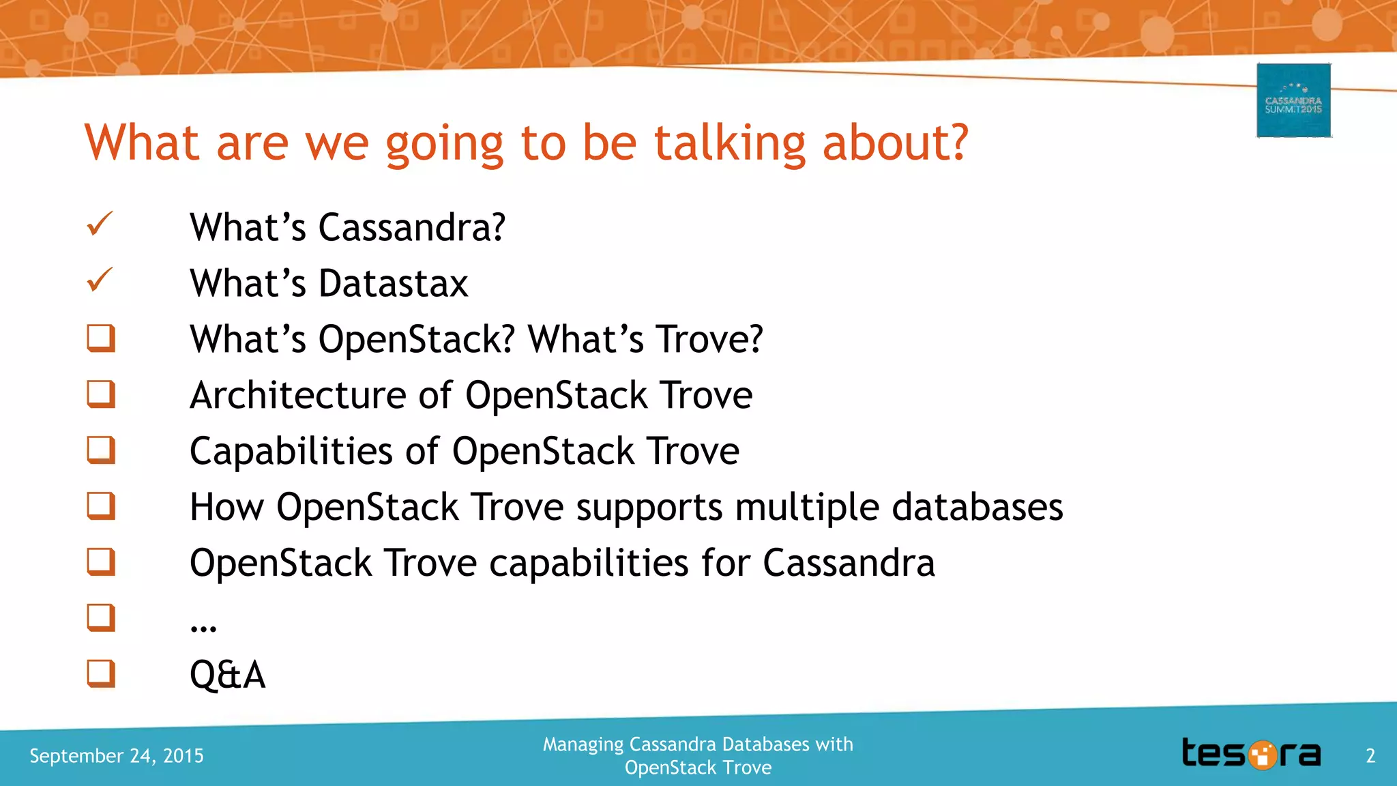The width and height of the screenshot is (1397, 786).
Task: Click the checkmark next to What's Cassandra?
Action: pyautogui.click(x=100, y=224)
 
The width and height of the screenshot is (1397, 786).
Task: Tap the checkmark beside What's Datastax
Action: pyautogui.click(x=100, y=280)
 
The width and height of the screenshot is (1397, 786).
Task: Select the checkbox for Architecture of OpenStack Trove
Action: pyautogui.click(x=101, y=394)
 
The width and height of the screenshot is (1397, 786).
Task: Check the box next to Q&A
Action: pyautogui.click(x=101, y=673)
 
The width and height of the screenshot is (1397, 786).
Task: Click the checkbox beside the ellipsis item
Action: pyautogui.click(x=101, y=617)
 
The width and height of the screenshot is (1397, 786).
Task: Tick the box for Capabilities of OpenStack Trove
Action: pyautogui.click(x=101, y=450)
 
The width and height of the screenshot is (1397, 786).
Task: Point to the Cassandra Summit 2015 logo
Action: pyautogui.click(x=1293, y=100)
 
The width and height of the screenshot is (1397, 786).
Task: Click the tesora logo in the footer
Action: pyautogui.click(x=1251, y=754)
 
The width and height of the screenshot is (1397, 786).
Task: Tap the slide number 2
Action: pyautogui.click(x=1370, y=755)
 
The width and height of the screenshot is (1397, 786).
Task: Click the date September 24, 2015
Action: pyautogui.click(x=117, y=755)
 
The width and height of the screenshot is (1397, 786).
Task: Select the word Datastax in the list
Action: pyautogui.click(x=394, y=283)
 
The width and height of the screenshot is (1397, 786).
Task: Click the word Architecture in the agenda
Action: pyautogui.click(x=298, y=395)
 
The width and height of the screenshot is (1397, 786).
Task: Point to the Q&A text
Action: pyautogui.click(x=227, y=675)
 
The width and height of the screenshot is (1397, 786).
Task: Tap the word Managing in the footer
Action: pyautogui.click(x=583, y=744)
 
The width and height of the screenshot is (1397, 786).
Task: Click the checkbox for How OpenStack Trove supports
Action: pyautogui.click(x=101, y=506)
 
